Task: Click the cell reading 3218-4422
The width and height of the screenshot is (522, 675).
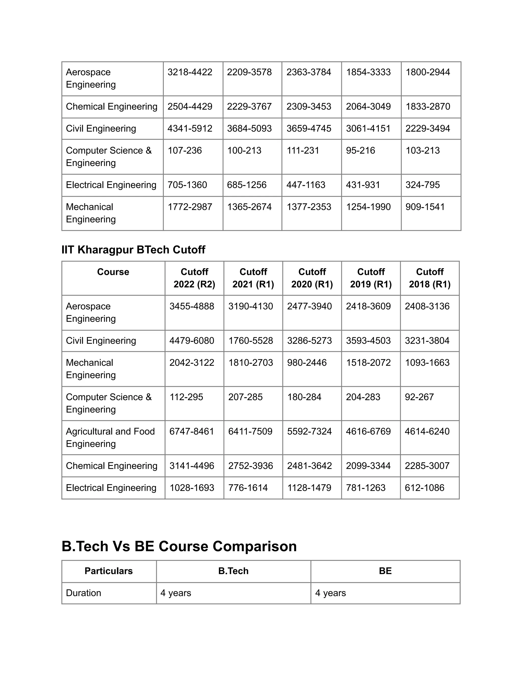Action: click(190, 72)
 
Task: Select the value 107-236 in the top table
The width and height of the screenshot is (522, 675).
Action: click(185, 151)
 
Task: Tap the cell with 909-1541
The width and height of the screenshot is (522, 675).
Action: click(425, 207)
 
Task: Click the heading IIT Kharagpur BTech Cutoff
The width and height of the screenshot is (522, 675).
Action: click(133, 249)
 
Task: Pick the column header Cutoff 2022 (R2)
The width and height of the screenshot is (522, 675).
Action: click(194, 278)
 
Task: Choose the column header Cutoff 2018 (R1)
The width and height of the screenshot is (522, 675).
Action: click(429, 278)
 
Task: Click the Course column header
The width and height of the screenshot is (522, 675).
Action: click(113, 272)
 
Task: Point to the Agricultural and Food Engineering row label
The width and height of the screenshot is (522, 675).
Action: click(110, 437)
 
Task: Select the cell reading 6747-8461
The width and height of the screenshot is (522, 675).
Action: click(192, 431)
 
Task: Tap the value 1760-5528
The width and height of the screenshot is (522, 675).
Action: click(251, 341)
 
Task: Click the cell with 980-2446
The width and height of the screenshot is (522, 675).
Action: click(307, 362)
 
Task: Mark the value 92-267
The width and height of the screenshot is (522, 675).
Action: click(419, 397)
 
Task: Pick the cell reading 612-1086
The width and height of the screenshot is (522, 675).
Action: click(424, 488)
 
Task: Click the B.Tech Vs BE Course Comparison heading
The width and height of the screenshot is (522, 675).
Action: click(179, 546)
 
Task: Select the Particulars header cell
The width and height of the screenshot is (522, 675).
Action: click(109, 571)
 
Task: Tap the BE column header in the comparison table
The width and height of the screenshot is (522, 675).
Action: click(385, 571)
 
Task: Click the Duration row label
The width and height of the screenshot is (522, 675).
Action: click(84, 593)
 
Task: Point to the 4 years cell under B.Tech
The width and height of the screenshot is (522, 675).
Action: click(176, 593)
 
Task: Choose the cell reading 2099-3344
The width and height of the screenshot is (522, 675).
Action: click(368, 466)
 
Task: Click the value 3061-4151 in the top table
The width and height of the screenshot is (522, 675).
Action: click(368, 129)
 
